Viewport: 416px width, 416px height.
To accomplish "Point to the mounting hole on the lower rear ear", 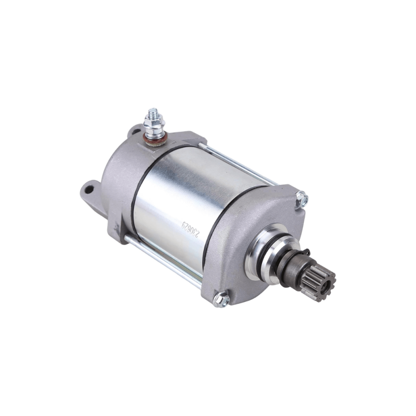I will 88,190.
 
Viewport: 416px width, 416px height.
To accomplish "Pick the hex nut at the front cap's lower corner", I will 221,299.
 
